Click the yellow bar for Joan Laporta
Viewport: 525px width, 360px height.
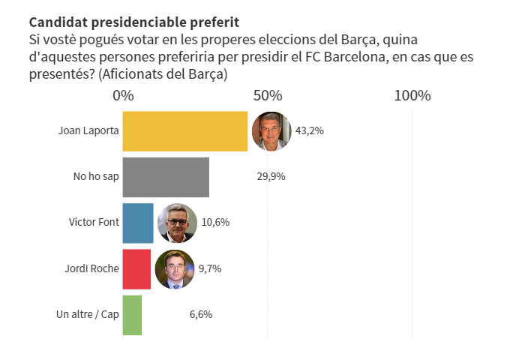click(x=184, y=131)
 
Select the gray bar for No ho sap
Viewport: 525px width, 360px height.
click(x=165, y=177)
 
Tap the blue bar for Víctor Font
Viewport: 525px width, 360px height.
click(x=137, y=223)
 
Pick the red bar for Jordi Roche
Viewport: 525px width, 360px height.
click(x=136, y=268)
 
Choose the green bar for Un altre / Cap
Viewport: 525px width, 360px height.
click(x=132, y=314)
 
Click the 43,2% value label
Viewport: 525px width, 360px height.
click(x=309, y=131)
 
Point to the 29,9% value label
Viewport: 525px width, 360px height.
click(x=271, y=177)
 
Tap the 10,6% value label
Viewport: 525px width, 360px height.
click(x=215, y=223)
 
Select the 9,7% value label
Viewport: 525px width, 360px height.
click(x=209, y=268)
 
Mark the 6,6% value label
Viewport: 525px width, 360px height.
click(x=200, y=314)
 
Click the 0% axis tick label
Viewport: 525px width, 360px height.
click(x=123, y=96)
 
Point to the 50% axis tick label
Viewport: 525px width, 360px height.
click(x=268, y=96)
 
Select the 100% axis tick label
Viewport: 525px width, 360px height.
click(x=412, y=96)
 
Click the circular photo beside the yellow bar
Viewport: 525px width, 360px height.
click(x=271, y=131)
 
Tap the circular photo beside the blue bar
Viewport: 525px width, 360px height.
click(x=177, y=223)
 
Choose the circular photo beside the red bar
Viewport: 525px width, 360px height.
click(x=174, y=268)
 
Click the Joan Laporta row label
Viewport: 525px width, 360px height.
click(x=88, y=131)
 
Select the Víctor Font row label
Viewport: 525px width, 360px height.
click(x=94, y=223)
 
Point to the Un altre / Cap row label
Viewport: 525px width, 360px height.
click(x=88, y=314)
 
